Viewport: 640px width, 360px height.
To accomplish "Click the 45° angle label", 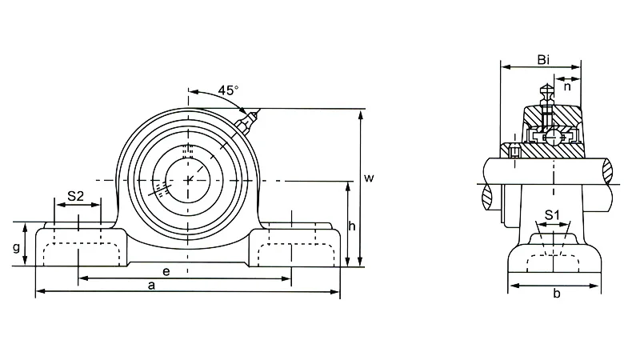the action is click(228, 90).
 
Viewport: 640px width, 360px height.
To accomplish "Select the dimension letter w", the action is click(369, 178).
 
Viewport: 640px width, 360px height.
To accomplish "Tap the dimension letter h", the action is click(352, 226).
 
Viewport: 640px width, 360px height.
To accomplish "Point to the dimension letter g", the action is click(16, 248).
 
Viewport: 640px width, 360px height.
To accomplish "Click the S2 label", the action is click(75, 196).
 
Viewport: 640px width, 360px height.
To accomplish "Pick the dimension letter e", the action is click(166, 271).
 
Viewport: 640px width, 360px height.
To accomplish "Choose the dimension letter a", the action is click(151, 286).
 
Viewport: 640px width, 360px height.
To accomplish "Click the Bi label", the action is click(543, 60).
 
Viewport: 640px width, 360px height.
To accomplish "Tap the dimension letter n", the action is click(567, 86).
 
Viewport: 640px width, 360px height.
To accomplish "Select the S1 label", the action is click(552, 214).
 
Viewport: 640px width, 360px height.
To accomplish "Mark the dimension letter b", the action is click(557, 293).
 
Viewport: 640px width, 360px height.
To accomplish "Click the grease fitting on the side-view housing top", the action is click(546, 95).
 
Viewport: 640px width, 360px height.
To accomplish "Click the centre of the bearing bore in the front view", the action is click(188, 179).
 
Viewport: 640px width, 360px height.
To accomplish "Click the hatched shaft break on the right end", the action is click(608, 170).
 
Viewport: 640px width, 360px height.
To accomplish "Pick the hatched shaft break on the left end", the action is click(488, 198).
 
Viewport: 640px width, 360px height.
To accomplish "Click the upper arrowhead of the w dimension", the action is click(361, 114).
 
